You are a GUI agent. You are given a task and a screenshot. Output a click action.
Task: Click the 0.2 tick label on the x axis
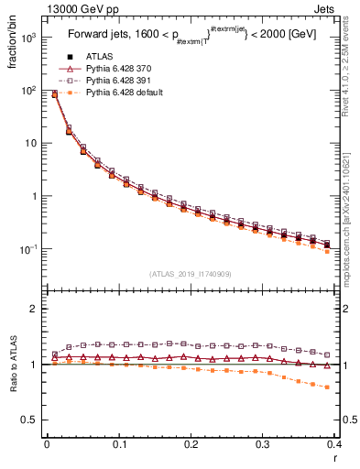[191, 444]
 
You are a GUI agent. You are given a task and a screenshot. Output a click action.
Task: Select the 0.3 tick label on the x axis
[263, 444]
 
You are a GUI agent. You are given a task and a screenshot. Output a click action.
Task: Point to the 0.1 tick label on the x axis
[118, 444]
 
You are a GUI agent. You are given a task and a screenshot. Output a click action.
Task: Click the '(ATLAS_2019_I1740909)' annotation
[190, 274]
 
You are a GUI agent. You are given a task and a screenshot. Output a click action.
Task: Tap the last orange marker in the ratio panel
[327, 387]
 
